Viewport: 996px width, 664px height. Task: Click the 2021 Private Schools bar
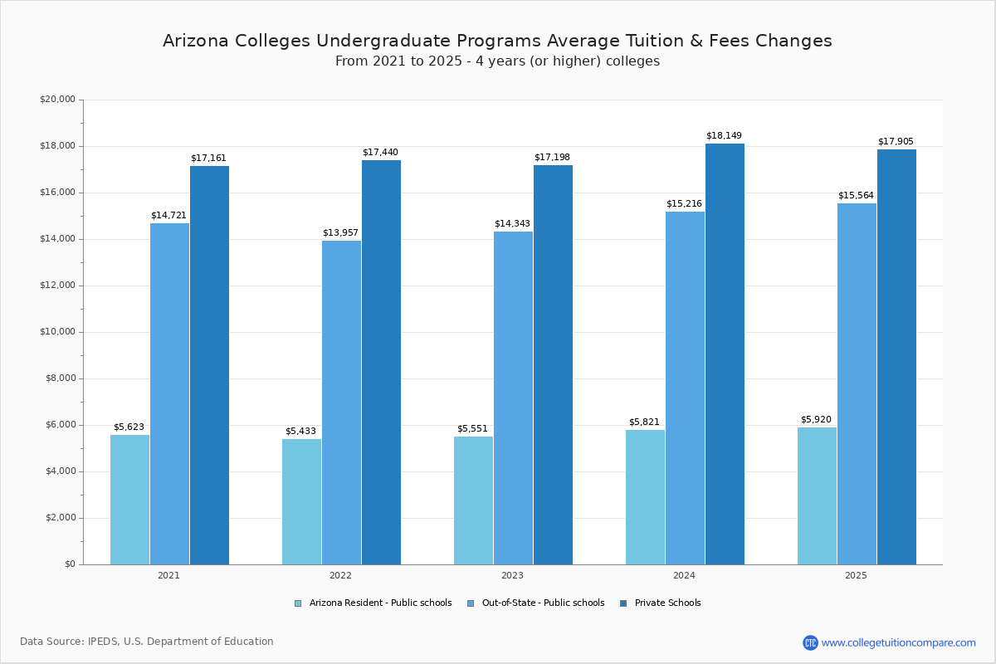(209, 365)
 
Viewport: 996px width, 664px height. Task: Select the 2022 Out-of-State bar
(341, 403)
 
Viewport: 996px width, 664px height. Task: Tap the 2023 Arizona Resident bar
(473, 500)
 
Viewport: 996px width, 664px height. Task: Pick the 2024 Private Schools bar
(725, 354)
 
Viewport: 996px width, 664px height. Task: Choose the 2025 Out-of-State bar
(857, 383)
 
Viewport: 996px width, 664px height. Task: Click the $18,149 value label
(724, 135)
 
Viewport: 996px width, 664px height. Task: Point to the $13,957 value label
(340, 232)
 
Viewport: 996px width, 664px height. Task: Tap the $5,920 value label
(817, 419)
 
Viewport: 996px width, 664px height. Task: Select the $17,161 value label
(208, 158)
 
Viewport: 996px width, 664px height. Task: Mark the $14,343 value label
(512, 223)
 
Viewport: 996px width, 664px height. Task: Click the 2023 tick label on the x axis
(512, 575)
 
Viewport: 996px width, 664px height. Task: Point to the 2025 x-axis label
(856, 575)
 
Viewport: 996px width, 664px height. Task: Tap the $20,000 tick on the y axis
(57, 100)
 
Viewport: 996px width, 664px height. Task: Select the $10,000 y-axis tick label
(57, 332)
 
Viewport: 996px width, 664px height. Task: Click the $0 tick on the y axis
(70, 564)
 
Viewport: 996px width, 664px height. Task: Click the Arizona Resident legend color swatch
(298, 603)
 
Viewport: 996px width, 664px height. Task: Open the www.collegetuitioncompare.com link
(898, 642)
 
